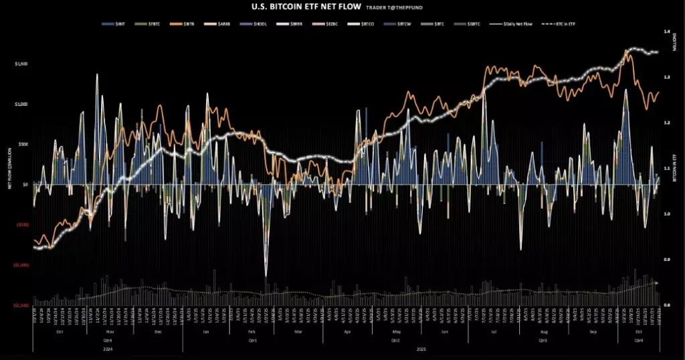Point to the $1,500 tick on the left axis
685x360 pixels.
point(22,64)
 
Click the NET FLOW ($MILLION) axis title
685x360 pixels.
point(9,167)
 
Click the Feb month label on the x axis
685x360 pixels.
point(252,332)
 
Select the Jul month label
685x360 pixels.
point(493,332)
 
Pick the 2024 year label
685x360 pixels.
point(108,348)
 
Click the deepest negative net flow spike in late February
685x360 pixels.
point(266,275)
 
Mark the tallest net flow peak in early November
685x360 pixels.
point(97,74)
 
